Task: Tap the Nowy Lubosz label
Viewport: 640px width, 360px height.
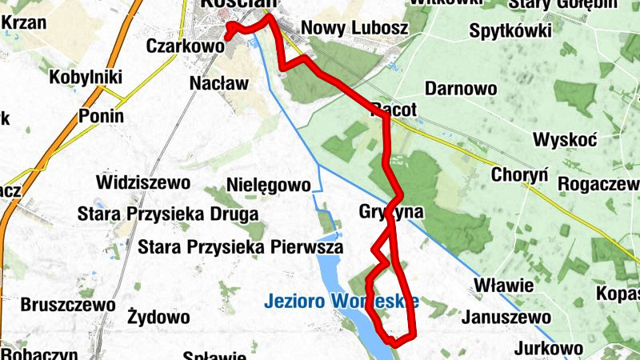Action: pos(354,29)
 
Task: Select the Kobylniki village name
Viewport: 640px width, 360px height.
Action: pos(86,78)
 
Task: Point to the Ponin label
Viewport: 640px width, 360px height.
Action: pos(102,116)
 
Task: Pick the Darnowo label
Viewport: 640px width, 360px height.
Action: pos(461,88)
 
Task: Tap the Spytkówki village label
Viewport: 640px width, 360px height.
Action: pos(511,32)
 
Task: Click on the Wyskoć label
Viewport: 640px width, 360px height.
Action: pos(565,140)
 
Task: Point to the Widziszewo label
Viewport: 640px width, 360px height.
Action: pos(142,182)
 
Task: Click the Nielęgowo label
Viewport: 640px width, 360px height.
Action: pos(268,186)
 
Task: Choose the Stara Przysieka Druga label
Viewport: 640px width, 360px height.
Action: pos(167,214)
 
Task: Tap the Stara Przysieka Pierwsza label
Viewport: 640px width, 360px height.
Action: pos(240,247)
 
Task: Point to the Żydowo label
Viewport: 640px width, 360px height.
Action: pos(158,318)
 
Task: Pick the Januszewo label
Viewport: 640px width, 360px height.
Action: pos(506,318)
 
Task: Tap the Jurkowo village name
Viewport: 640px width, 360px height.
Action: pos(548,349)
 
